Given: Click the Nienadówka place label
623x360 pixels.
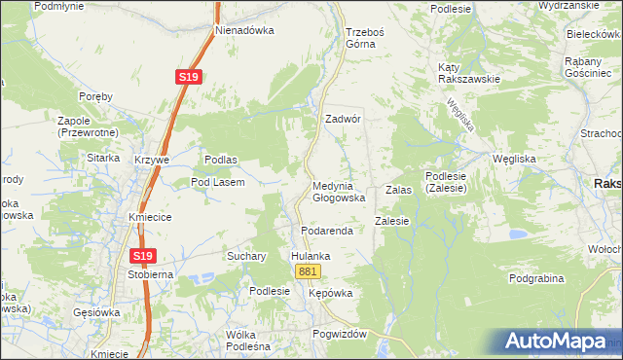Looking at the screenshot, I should (244, 30).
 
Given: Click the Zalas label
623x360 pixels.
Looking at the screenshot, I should (399, 191).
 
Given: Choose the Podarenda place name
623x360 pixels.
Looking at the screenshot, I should (324, 231).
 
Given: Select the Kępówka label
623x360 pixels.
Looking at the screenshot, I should (329, 293).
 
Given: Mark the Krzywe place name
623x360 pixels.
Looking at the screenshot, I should (153, 160).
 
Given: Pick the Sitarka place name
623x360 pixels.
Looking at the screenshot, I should (102, 158).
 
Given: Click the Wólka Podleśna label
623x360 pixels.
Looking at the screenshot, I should (247, 341).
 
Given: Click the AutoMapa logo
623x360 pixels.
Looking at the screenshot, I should (556, 342).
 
